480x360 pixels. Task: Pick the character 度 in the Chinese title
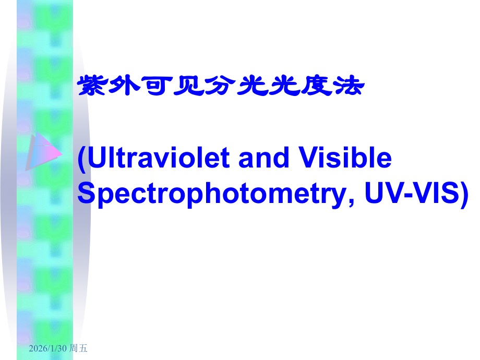tap(316, 87)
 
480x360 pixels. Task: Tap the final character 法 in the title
tap(347, 87)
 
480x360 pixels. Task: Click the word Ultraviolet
tap(159, 158)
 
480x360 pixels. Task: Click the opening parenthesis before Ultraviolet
tap(82, 159)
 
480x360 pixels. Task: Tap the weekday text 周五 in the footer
tap(79, 349)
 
